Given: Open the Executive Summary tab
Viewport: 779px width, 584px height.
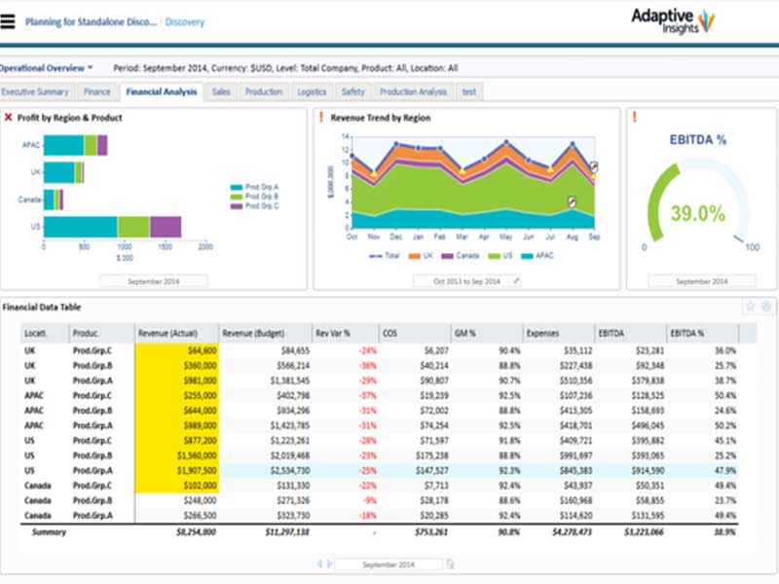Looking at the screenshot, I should coord(35,91).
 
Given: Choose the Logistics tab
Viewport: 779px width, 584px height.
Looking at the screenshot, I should coord(312,91).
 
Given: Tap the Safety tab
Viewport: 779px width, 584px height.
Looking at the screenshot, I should coord(352,91).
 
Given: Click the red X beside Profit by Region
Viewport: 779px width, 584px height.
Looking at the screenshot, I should coord(8,118).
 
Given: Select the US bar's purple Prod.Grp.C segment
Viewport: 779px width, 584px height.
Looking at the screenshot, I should coord(166,227).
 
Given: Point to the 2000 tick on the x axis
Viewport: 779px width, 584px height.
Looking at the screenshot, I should coord(205,248).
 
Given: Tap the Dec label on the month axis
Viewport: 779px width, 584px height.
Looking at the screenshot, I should coord(395,237).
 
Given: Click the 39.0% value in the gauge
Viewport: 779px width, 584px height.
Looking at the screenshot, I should coord(697,213).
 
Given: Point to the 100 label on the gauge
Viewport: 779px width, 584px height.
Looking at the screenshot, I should coord(752,248).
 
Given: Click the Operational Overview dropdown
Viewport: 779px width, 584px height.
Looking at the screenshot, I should coord(47,68).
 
